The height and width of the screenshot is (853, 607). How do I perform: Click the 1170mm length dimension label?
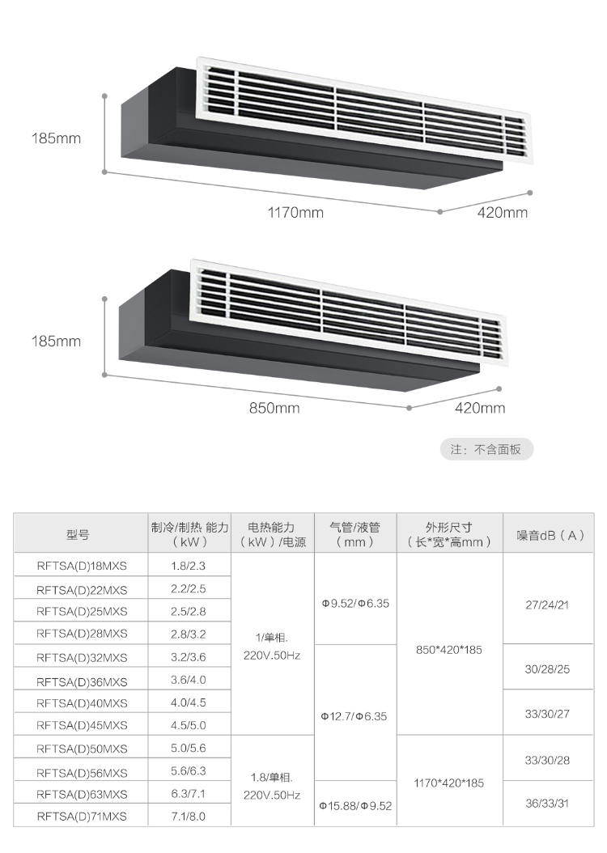click(295, 212)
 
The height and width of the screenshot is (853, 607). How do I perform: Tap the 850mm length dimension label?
click(274, 408)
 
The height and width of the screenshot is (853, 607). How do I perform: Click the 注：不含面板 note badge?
click(486, 449)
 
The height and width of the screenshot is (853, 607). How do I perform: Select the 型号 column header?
click(79, 535)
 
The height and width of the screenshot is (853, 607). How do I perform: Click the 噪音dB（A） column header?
click(550, 535)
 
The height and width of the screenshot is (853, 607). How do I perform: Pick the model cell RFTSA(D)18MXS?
click(82, 566)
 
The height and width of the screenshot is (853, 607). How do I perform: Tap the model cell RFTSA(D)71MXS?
click(82, 816)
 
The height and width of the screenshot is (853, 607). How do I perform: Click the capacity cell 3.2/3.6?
click(189, 657)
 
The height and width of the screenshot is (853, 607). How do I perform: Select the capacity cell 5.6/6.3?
click(189, 770)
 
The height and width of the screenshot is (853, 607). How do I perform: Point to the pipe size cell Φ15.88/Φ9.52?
click(356, 806)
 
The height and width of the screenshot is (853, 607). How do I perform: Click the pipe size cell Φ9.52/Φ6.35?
click(356, 603)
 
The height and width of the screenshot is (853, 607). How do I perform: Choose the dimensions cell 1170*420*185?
click(448, 783)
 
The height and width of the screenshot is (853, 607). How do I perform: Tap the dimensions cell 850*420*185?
click(448, 650)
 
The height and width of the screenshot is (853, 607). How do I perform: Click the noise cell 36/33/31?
click(547, 803)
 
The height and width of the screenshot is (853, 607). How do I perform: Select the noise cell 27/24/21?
click(547, 605)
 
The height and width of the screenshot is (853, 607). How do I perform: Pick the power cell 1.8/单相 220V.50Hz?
click(272, 786)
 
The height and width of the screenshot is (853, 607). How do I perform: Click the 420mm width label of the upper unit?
click(503, 212)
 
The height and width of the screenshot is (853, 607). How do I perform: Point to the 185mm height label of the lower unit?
click(56, 341)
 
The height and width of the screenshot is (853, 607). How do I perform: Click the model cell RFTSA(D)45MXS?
click(82, 725)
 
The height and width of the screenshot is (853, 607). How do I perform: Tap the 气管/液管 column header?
click(354, 534)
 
